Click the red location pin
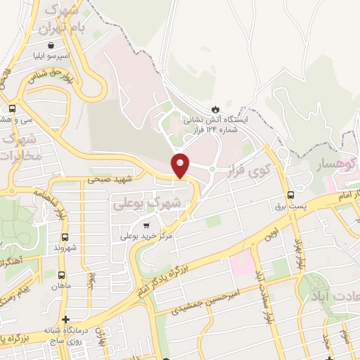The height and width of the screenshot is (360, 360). (x=181, y=165)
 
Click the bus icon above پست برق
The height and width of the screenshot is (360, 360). (x=290, y=195)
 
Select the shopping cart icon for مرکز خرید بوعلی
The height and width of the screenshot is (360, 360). (x=146, y=226)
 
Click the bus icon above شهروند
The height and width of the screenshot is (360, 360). (x=65, y=237)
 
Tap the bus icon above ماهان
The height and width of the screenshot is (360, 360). (x=61, y=275)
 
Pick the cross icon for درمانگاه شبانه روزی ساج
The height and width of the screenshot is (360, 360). (x=65, y=320)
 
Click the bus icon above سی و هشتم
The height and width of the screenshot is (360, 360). (x=12, y=108)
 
